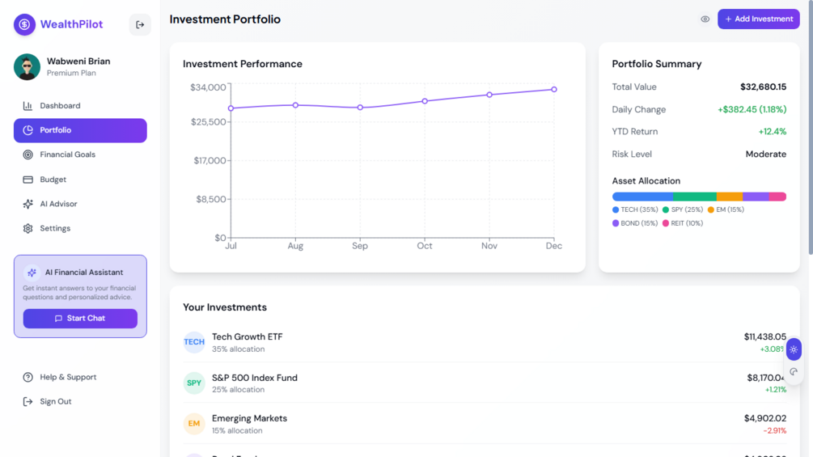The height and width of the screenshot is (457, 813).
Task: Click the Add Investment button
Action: coord(758,19)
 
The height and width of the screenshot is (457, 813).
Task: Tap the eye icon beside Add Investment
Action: coord(705,19)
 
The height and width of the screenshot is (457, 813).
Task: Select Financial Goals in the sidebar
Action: coord(67,154)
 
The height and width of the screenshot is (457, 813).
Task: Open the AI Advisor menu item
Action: coord(58,204)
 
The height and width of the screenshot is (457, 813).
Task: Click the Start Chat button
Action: coord(80,319)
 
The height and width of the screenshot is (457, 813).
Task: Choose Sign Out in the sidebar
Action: coord(55,402)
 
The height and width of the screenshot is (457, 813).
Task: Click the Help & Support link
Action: coord(67,377)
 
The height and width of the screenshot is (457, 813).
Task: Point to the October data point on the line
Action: coord(425,101)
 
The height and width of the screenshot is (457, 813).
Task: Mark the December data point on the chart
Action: coord(554,90)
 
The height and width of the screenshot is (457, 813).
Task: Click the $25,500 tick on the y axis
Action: coord(209,122)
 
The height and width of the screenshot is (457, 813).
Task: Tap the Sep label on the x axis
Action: coord(360,246)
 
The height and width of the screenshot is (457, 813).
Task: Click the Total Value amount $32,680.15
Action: coord(763,87)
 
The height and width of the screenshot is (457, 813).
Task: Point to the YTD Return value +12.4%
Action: coord(772,132)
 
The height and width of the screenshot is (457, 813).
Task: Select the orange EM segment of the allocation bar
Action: coord(729,197)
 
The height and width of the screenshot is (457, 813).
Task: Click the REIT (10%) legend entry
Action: coord(683,223)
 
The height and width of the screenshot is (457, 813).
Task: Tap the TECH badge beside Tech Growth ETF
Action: coord(194,342)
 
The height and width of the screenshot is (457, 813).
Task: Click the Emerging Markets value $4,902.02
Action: coord(764,418)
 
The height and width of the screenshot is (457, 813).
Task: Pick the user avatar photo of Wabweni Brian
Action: coord(27,67)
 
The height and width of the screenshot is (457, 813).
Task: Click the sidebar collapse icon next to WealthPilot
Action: coord(140,25)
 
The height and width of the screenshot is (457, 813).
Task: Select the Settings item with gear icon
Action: coord(55,229)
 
